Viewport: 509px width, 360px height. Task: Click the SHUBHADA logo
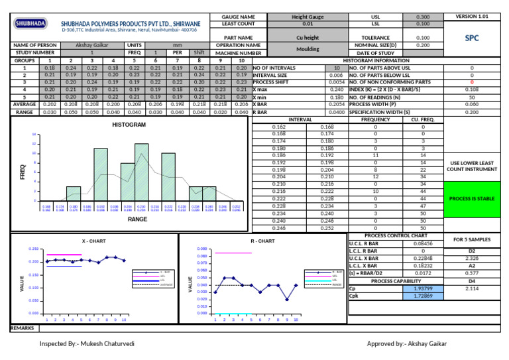[x=30, y=23]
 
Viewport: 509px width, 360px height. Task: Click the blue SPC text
[x=472, y=38]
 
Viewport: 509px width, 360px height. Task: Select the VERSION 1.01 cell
[x=472, y=16]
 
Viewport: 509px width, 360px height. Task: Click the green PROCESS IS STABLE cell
[x=472, y=199]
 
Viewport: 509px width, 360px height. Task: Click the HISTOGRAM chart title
[x=129, y=125]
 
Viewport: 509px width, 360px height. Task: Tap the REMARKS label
[x=23, y=328]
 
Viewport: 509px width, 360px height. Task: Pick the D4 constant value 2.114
[x=472, y=289]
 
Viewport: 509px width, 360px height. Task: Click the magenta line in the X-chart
[x=64, y=255]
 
